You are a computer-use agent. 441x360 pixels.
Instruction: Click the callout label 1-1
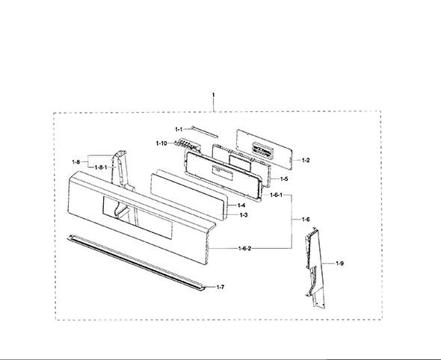click(179, 129)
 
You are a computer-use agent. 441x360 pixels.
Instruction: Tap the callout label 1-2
click(306, 160)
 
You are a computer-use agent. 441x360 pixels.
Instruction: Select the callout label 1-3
click(244, 215)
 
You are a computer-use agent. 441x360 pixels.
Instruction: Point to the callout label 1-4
click(241, 205)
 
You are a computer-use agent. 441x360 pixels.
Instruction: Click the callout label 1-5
click(284, 179)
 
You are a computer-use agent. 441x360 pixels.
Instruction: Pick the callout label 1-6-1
click(276, 195)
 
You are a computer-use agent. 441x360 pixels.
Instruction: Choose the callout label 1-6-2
click(244, 249)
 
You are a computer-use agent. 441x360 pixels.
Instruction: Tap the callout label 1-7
click(220, 288)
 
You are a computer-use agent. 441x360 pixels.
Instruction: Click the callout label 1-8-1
click(101, 167)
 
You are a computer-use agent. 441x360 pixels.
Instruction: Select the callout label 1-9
click(339, 264)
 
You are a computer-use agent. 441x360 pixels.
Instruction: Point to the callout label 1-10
click(161, 143)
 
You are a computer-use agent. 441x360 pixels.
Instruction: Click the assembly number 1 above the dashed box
click(213, 95)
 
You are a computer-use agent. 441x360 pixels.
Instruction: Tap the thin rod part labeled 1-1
click(204, 132)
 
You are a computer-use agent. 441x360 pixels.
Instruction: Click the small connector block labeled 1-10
click(188, 145)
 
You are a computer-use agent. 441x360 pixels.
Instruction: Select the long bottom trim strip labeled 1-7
click(136, 262)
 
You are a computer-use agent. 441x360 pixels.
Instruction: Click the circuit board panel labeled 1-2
click(265, 149)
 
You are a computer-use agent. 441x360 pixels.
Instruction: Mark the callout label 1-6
click(306, 220)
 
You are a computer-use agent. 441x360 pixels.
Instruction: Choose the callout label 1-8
click(76, 162)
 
